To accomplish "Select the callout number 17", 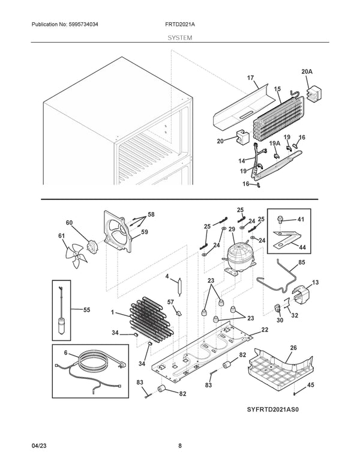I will pyautogui.click(x=250, y=78).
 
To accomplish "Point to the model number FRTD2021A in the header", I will pyautogui.click(x=179, y=25).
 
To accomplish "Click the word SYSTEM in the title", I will pyautogui.click(x=180, y=37).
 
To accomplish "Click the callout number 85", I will pyautogui.click(x=301, y=262).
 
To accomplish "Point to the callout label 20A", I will pyautogui.click(x=307, y=71).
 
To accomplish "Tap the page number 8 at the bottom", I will pyautogui.click(x=180, y=446).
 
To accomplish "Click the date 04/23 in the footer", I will pyautogui.click(x=38, y=446).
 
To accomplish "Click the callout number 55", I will pyautogui.click(x=86, y=310).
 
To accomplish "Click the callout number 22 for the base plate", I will pyautogui.click(x=265, y=330).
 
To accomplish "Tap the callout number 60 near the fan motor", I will pyautogui.click(x=69, y=223).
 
